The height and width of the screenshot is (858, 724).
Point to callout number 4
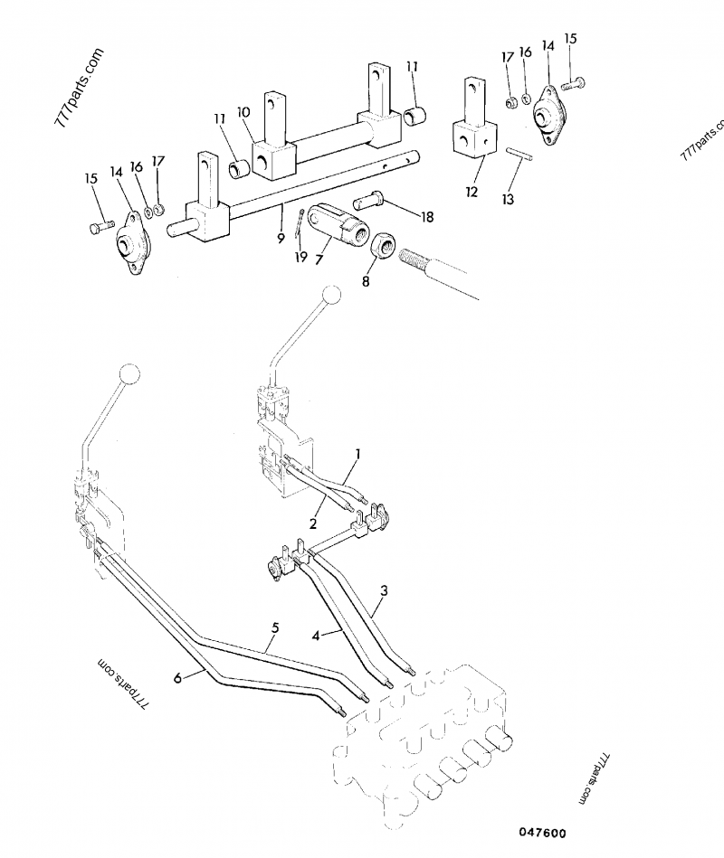pos(316,636)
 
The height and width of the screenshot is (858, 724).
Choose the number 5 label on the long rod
pos(273,627)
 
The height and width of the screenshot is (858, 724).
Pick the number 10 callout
pos(243,111)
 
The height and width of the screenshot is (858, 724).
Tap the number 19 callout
pos(300,258)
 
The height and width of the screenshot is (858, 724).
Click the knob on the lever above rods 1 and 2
pos(332,295)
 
